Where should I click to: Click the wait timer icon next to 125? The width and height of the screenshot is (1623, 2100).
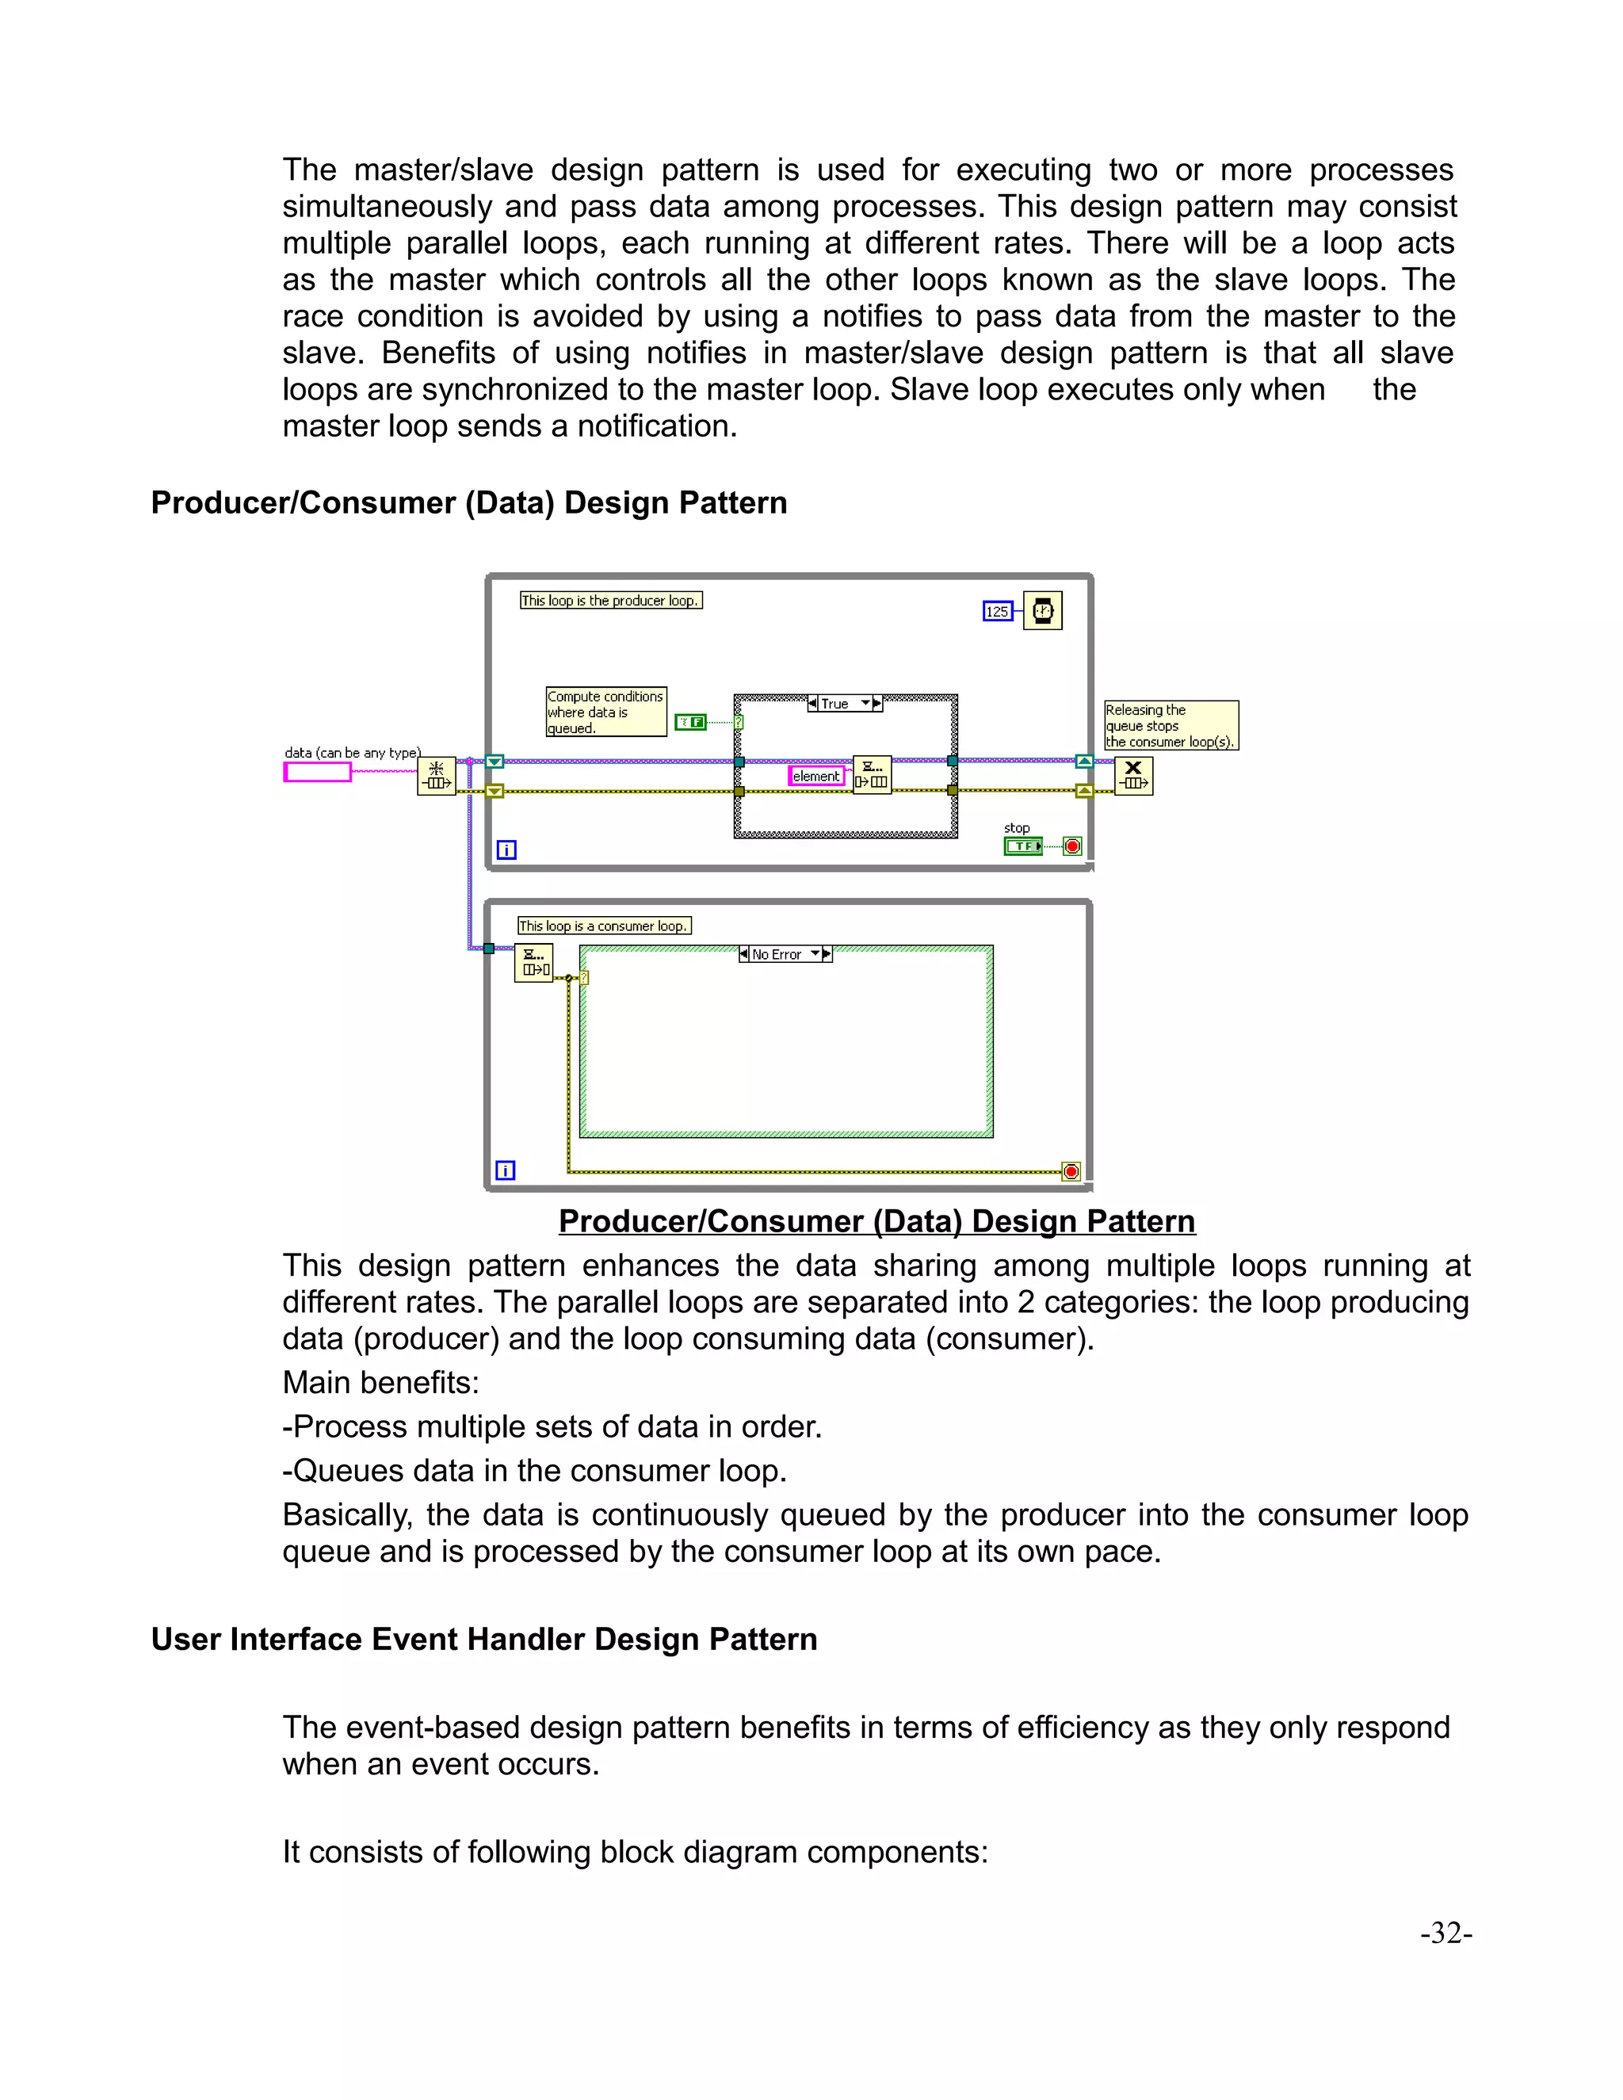[1042, 610]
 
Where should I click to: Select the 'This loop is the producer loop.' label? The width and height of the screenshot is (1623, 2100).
[610, 600]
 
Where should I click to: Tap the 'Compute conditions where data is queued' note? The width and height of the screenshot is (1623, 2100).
[605, 712]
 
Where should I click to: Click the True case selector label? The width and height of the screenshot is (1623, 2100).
[834, 704]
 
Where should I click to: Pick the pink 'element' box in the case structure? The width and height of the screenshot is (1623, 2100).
[816, 776]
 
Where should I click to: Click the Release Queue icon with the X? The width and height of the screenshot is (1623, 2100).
[1133, 775]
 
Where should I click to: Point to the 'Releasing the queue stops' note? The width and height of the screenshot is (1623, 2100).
[1170, 725]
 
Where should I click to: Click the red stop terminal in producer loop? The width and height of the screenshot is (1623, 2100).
[1073, 846]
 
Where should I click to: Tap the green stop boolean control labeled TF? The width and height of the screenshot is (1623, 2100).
[1023, 846]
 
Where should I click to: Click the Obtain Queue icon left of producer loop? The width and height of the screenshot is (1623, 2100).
[437, 775]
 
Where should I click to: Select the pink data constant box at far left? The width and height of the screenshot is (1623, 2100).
[317, 771]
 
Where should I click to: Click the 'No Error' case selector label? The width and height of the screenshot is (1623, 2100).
[776, 954]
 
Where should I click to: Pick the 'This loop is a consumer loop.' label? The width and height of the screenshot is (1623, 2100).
[604, 925]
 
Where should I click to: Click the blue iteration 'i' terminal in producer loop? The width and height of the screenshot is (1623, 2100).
[506, 849]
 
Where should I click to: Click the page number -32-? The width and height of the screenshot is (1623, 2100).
[1445, 1933]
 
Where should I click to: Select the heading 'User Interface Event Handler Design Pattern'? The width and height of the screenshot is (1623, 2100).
[483, 1640]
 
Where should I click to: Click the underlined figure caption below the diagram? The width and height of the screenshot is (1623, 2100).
[876, 1220]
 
